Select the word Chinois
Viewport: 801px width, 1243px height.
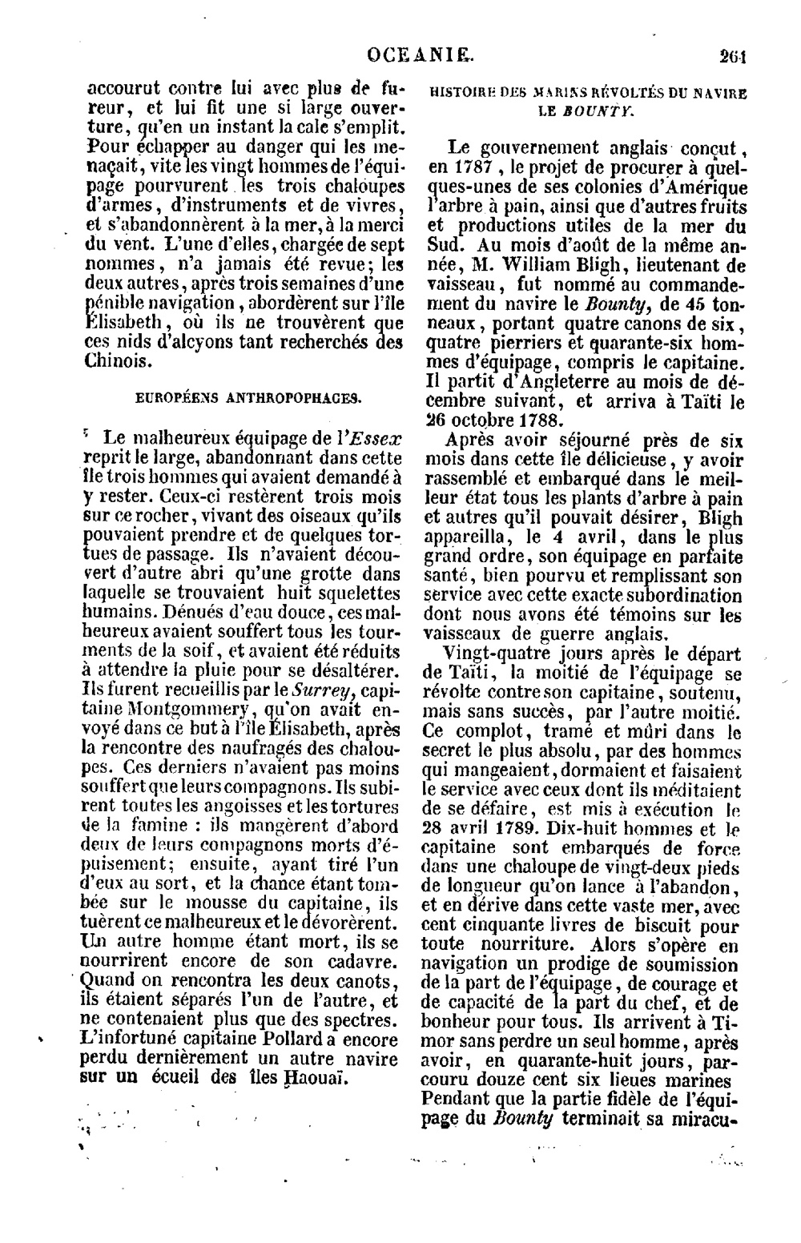click(x=117, y=360)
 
